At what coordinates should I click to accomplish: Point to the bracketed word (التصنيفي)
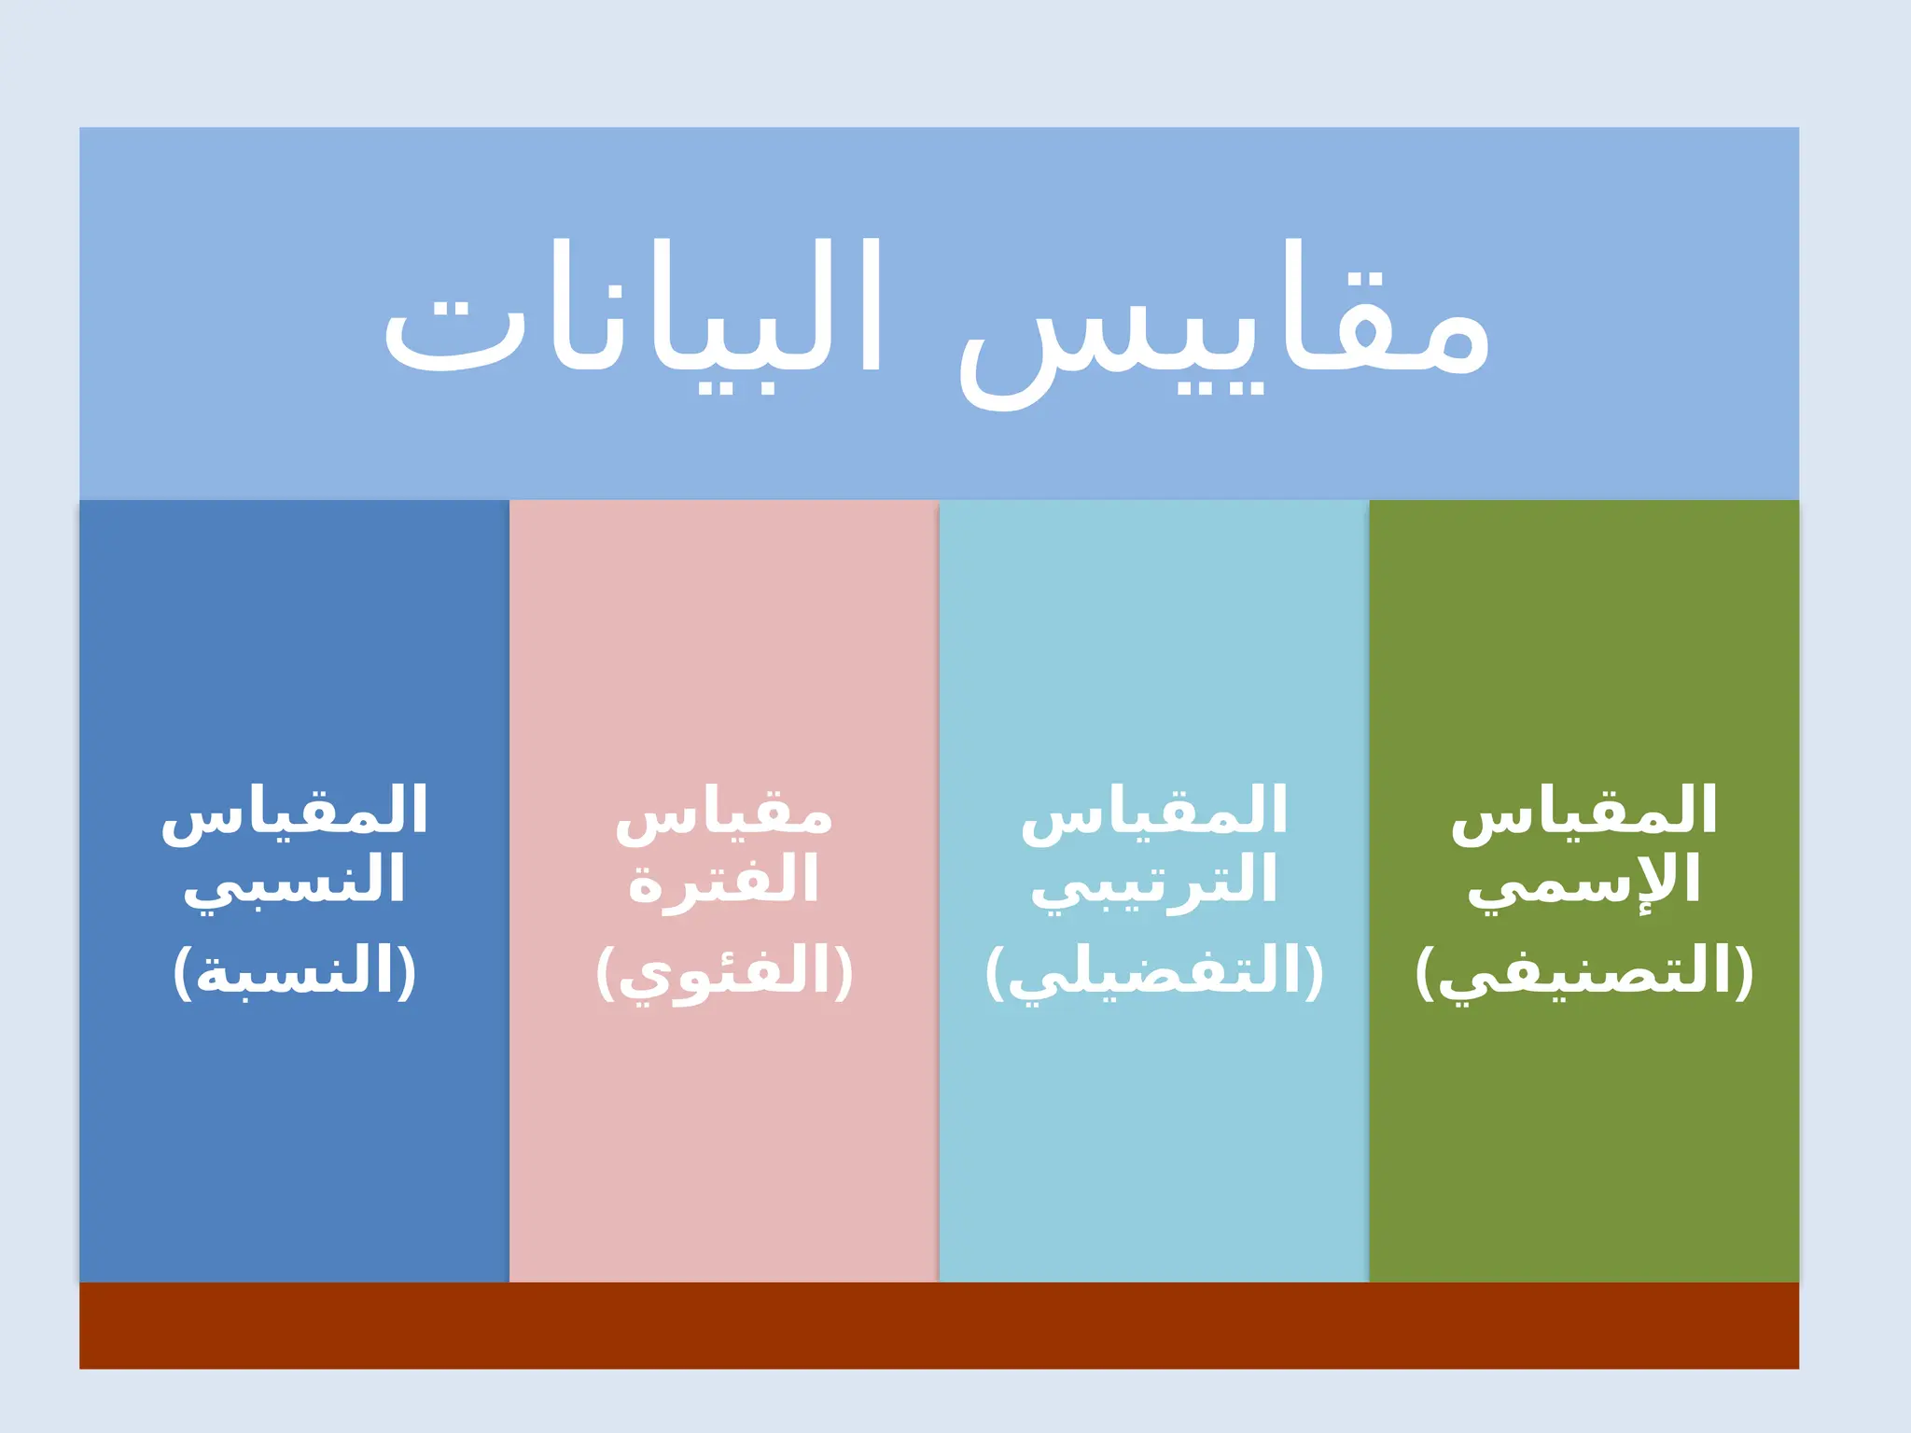tap(1583, 972)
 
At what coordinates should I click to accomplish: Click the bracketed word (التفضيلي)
tap(1154, 972)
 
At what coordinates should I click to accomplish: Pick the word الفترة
tap(723, 880)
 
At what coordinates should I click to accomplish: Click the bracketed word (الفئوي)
tap(724, 972)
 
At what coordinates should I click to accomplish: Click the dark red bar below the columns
tap(939, 1325)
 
